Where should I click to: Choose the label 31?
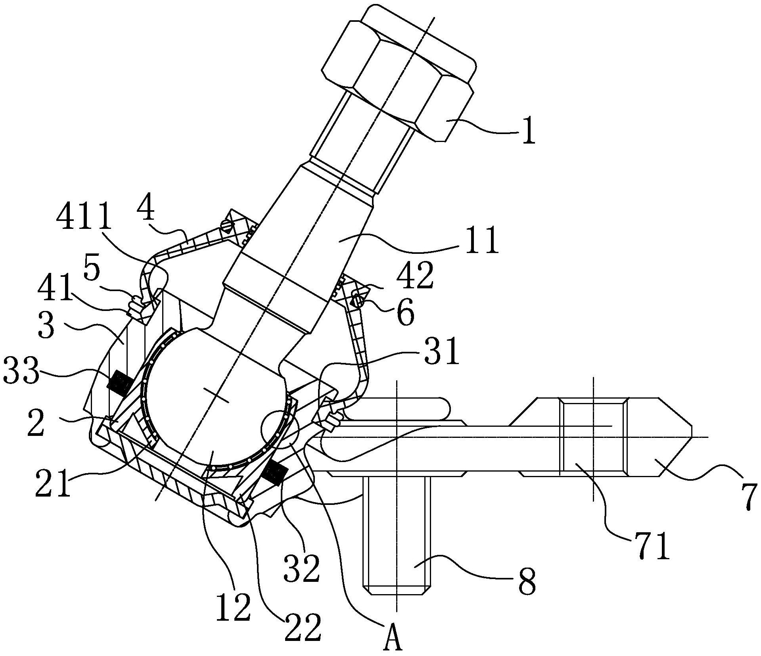(x=442, y=353)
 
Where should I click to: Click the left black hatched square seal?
(x=120, y=383)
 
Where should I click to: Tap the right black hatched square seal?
(x=275, y=473)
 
